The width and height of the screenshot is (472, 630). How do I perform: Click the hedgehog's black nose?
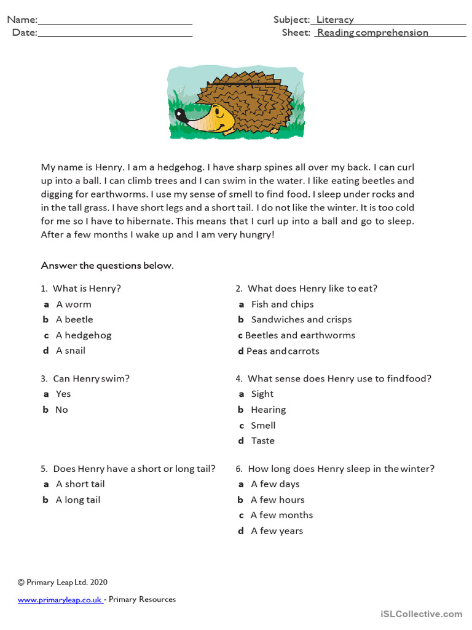tap(179, 113)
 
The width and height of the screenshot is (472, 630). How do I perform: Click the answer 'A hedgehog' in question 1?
tap(84, 335)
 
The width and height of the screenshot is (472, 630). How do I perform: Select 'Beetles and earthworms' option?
tap(300, 335)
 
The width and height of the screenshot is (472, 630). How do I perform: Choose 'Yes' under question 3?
tap(63, 394)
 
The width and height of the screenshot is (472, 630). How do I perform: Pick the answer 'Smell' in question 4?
tap(263, 425)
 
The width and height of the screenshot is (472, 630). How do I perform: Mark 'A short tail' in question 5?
tap(81, 484)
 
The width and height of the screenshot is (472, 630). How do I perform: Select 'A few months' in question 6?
tap(281, 515)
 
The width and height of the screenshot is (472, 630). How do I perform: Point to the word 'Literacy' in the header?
tap(335, 20)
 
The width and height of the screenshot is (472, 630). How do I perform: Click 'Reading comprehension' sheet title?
tap(372, 33)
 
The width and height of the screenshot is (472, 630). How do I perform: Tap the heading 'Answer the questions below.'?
tap(107, 266)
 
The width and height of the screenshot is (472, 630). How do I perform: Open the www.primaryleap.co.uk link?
tap(60, 599)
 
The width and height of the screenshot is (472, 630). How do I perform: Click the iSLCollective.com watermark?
tap(421, 613)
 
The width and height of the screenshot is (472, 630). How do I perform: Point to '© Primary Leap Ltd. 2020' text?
tap(62, 582)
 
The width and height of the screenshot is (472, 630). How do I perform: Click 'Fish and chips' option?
tap(282, 304)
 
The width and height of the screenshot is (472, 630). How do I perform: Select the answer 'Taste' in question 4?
tap(262, 441)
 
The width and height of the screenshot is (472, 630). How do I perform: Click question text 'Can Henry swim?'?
tap(91, 378)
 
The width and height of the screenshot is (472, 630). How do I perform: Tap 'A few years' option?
tap(277, 531)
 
